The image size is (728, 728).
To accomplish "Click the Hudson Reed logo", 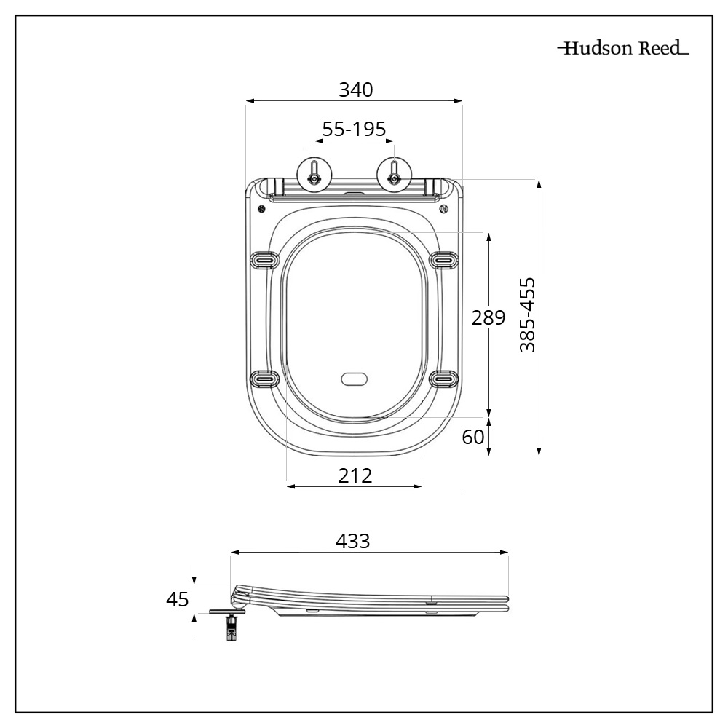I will pos(622,49).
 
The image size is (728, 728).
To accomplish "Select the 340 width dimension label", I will pos(355,90).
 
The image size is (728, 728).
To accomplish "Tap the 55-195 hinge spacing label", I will pos(354,130).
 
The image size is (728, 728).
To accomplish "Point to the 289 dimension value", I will pos(488,318).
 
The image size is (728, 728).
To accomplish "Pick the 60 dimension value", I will pos(473,437).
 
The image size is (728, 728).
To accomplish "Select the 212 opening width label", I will pos(355,475).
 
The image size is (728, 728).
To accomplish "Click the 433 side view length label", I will pos(353,542).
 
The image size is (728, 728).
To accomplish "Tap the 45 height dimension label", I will pos(177,599).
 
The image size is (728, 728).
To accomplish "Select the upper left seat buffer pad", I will pos(264,259).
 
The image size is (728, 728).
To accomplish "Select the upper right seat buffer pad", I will pos(444,259).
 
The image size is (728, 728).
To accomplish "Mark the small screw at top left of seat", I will pos(261,208).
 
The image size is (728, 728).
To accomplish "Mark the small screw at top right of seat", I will pos(443,208).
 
